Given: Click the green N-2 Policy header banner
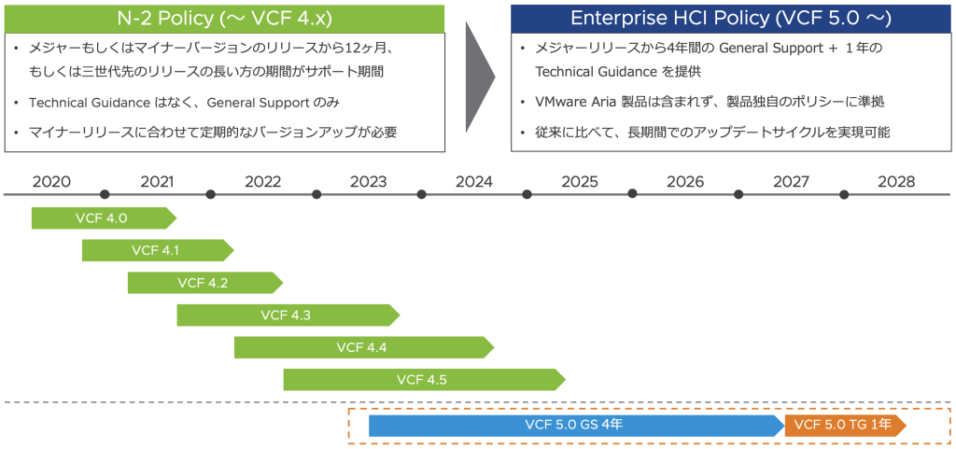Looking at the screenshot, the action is [x=224, y=19].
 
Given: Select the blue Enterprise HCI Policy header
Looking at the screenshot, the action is [x=730, y=19].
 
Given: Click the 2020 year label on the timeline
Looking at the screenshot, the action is [x=52, y=181].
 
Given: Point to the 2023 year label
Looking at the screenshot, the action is [x=368, y=181].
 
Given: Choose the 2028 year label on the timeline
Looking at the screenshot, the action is [x=897, y=181].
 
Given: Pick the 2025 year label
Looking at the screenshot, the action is [x=580, y=181].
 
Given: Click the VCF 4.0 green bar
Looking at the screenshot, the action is [x=104, y=218].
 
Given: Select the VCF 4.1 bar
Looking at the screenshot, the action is [x=158, y=250].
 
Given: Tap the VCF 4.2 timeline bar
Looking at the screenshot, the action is [x=205, y=283].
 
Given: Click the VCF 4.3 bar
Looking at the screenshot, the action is [x=288, y=315].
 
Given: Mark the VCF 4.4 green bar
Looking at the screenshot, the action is [x=364, y=347].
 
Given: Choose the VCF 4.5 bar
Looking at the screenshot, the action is [x=425, y=380].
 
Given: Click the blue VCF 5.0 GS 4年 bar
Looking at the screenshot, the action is [x=577, y=426].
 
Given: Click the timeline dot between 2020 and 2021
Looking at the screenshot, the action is [x=105, y=194].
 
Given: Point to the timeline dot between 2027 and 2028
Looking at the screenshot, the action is [x=844, y=194].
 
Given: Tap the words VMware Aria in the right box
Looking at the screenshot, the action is [x=572, y=103].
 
